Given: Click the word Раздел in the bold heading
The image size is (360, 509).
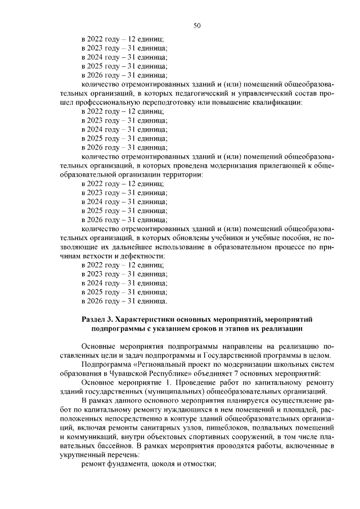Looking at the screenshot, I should tap(94, 319).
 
